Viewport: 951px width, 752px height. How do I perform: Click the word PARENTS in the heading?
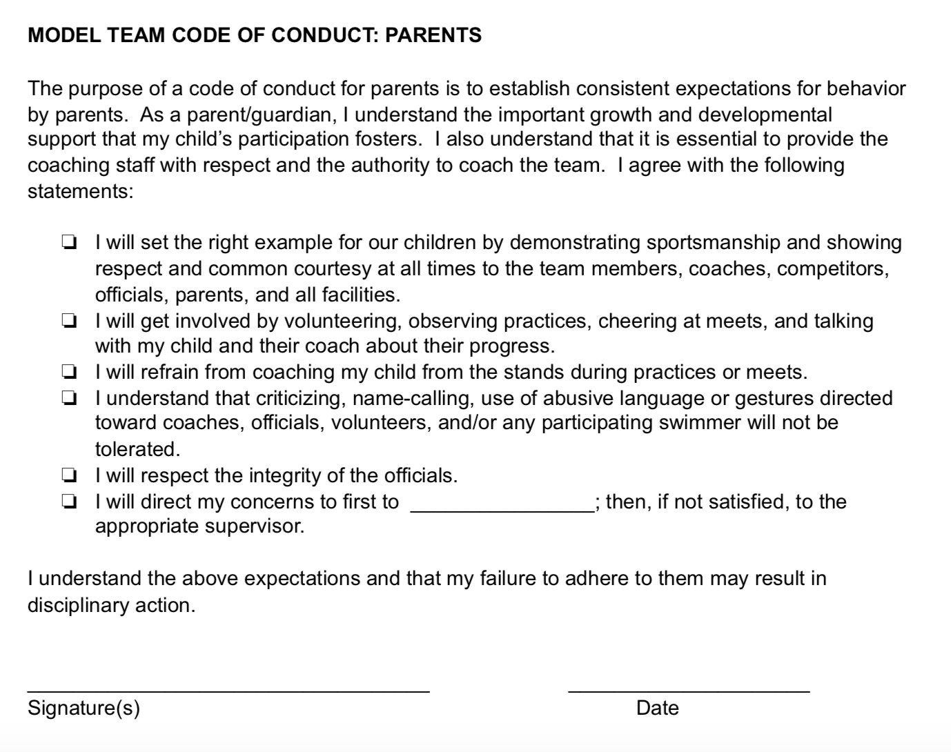pyautogui.click(x=433, y=35)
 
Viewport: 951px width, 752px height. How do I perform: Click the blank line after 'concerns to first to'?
pyautogui.click(x=501, y=509)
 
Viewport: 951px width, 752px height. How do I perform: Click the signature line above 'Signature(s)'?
pyautogui.click(x=228, y=689)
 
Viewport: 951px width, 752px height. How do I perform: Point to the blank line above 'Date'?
pyautogui.click(x=688, y=689)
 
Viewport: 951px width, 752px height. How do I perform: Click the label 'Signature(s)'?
pyautogui.click(x=84, y=709)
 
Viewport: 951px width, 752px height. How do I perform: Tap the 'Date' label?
pyautogui.click(x=657, y=709)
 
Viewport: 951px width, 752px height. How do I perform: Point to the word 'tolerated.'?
pyautogui.click(x=137, y=450)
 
